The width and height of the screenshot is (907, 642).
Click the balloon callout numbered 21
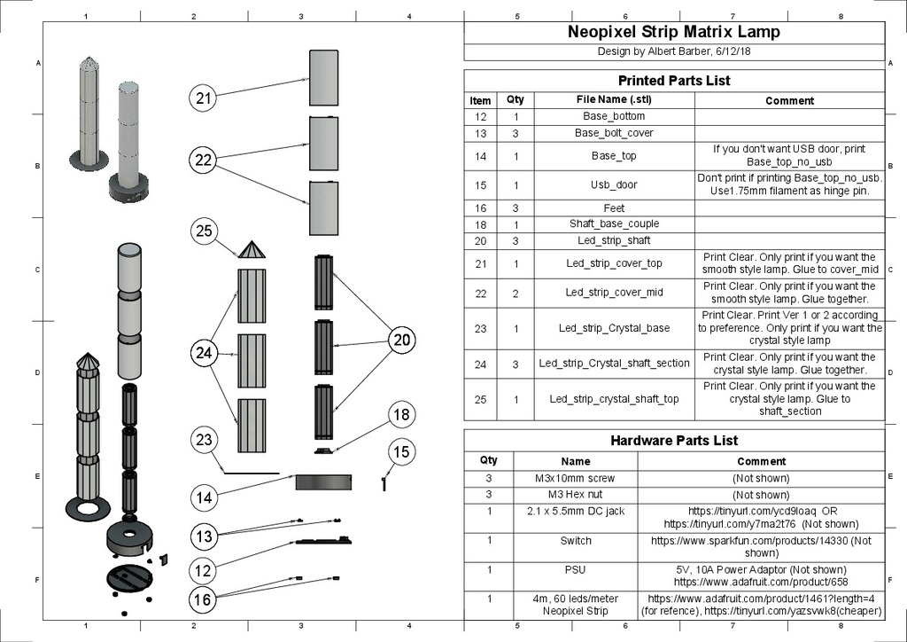(x=205, y=98)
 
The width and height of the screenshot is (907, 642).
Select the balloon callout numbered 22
(x=205, y=160)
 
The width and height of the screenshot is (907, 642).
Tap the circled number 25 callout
(x=205, y=231)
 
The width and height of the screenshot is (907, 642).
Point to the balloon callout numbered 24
(x=205, y=353)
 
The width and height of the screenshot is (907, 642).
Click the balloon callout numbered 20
(x=402, y=340)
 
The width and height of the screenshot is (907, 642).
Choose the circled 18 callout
(x=402, y=414)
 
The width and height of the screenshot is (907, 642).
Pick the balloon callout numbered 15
(x=402, y=452)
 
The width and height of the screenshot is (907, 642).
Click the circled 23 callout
(x=205, y=440)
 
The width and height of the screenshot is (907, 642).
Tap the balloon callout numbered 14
(x=205, y=497)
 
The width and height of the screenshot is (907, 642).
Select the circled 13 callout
(x=205, y=536)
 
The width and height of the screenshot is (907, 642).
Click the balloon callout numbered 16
(x=205, y=600)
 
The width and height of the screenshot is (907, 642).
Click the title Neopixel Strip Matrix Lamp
(x=674, y=33)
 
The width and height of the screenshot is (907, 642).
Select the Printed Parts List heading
(x=674, y=81)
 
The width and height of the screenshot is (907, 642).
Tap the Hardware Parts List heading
(x=674, y=441)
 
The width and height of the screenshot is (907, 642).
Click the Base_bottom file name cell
(x=614, y=116)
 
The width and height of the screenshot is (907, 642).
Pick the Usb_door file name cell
(x=614, y=185)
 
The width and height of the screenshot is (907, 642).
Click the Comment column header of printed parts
(x=789, y=100)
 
